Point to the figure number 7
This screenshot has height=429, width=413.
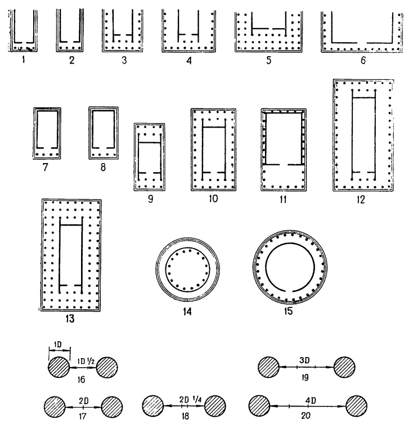(46, 166)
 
